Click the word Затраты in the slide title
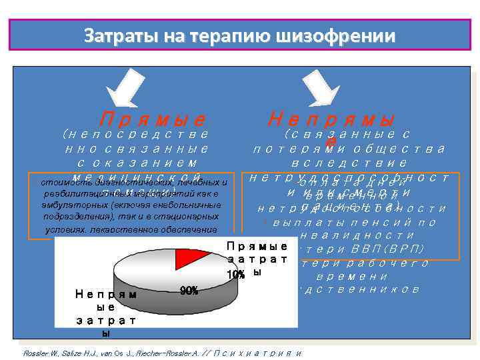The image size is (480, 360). pos(114,35)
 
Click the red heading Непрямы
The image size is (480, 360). pos(331,119)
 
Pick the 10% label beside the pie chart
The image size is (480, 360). pos(236,274)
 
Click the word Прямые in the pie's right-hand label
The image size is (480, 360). pos(257,245)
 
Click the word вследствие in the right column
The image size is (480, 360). pos(349,163)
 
